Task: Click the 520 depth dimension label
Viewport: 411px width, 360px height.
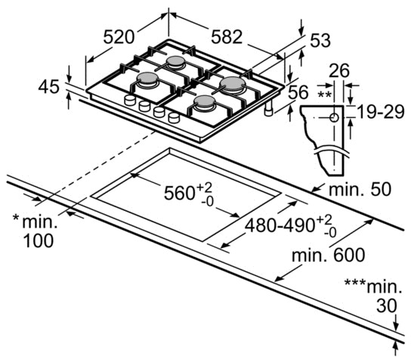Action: click(119, 37)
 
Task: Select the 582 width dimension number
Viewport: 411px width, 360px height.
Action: click(227, 37)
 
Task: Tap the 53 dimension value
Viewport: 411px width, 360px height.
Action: click(320, 41)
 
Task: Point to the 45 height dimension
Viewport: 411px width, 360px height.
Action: click(49, 86)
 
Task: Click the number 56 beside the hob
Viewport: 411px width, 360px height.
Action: click(298, 92)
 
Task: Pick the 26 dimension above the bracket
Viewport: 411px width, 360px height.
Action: click(339, 70)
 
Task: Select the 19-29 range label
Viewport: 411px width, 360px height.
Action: click(381, 112)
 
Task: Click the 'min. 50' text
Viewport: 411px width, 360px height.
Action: click(360, 189)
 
